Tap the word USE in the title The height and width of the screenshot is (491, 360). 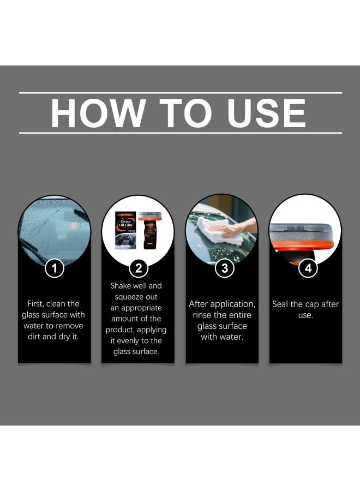point(266,113)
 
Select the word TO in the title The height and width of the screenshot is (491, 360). point(186,113)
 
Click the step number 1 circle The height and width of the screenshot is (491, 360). point(55,268)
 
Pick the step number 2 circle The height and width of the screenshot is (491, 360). point(139,268)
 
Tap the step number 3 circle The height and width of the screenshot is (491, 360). point(224,268)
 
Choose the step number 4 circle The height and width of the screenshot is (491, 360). point(308,268)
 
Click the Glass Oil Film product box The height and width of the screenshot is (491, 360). point(125,230)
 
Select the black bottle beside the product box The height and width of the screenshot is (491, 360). point(150,231)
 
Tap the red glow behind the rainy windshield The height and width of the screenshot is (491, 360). point(74,225)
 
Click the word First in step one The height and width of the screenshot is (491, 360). point(35,304)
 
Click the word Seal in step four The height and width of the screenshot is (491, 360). point(280,304)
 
